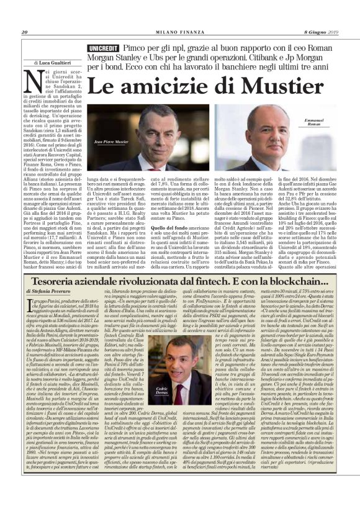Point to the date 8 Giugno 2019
[x=319, y=32]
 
